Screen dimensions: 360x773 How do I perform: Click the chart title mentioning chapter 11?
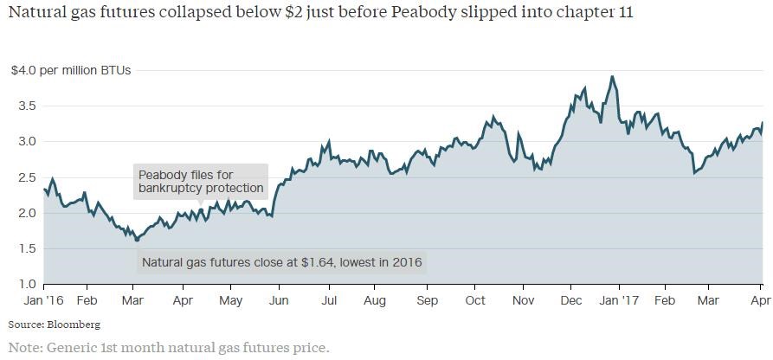pyautogui.click(x=319, y=15)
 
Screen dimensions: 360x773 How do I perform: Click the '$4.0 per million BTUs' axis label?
pyautogui.click(x=70, y=70)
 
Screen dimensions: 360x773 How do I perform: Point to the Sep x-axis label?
pyautogui.click(x=428, y=300)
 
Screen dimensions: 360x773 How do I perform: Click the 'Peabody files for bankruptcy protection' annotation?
pyautogui.click(x=201, y=182)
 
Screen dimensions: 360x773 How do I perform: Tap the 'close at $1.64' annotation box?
pyautogui.click(x=281, y=262)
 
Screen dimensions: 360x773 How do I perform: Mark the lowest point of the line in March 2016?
pyautogui.click(x=137, y=240)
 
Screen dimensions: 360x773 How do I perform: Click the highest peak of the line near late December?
pyautogui.click(x=612, y=76)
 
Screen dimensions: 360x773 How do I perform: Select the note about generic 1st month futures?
pyautogui.click(x=169, y=348)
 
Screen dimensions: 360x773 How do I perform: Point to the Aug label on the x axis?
pyautogui.click(x=375, y=300)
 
